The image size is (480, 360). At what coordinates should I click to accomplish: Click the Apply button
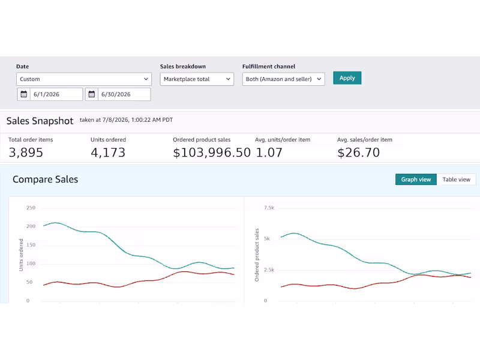click(x=347, y=78)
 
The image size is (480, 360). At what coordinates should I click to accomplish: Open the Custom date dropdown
click(x=84, y=79)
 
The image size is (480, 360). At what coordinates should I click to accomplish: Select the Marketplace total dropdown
click(x=197, y=79)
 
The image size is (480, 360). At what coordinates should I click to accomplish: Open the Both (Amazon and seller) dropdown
click(x=283, y=79)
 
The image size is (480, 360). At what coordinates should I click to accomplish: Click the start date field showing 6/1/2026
click(x=56, y=94)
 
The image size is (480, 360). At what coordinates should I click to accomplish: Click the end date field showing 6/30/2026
click(x=124, y=94)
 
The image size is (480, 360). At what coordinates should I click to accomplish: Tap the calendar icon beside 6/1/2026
click(x=23, y=94)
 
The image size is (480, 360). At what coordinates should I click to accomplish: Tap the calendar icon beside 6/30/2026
click(x=92, y=94)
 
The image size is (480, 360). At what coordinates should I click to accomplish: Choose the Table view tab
click(x=456, y=179)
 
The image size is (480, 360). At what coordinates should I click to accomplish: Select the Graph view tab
click(x=416, y=179)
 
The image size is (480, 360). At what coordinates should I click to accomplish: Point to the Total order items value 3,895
click(x=26, y=152)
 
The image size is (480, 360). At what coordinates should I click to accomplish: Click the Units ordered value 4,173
click(x=108, y=152)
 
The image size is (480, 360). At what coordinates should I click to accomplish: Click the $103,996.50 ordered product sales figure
click(x=212, y=152)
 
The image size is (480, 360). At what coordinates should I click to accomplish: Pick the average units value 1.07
click(x=269, y=152)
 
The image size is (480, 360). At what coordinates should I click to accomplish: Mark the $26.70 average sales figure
click(x=358, y=152)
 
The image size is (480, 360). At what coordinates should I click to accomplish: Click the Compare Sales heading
click(x=46, y=179)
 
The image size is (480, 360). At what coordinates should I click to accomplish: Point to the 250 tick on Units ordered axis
click(x=31, y=208)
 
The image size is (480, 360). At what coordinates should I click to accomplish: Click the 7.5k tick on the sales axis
click(x=269, y=208)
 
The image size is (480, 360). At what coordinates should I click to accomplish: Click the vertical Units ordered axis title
click(x=21, y=254)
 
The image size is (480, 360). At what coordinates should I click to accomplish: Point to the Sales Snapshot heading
click(x=40, y=121)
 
